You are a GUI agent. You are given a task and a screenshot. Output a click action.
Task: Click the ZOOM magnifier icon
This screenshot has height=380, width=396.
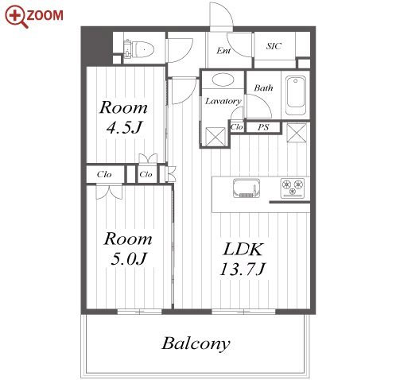coord(16,17)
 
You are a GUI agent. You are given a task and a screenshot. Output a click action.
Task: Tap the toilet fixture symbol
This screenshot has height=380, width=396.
coord(139,48)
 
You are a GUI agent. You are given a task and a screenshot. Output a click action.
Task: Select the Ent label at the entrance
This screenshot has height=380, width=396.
coord(223,50)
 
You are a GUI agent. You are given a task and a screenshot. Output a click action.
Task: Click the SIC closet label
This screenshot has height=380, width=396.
coord(274,46)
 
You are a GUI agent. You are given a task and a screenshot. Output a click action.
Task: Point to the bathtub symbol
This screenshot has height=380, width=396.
coord(296,95)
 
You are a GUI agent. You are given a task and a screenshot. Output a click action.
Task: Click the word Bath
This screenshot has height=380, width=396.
coord(263,87)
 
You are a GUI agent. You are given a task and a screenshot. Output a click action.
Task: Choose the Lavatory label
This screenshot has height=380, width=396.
coord(223,101)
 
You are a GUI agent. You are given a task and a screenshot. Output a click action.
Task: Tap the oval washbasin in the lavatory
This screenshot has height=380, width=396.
coord(223,79)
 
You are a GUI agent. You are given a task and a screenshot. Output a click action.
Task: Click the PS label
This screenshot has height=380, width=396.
coord(263,127)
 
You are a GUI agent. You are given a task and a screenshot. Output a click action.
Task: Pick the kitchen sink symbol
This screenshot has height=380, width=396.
coord(247,188)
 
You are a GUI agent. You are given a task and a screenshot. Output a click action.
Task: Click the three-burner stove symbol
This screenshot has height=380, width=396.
coord(293,188)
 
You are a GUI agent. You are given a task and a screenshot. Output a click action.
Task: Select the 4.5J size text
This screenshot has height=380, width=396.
coord(125,127)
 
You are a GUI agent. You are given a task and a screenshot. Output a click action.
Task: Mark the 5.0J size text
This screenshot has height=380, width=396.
coord(129,258)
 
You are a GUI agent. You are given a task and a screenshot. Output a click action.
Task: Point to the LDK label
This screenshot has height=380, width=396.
coord(243,249)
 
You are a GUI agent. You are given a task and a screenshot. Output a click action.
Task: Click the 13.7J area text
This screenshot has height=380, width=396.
coord(243,269)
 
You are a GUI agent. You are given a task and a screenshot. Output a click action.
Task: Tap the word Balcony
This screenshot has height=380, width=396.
coord(196,343)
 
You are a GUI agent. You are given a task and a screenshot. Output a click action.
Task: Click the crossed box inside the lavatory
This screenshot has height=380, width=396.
coord(215,137)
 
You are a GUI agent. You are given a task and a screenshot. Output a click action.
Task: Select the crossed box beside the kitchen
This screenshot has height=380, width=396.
coord(297,133)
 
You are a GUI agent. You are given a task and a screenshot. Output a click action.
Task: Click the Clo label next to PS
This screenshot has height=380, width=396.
coord(237,127)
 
